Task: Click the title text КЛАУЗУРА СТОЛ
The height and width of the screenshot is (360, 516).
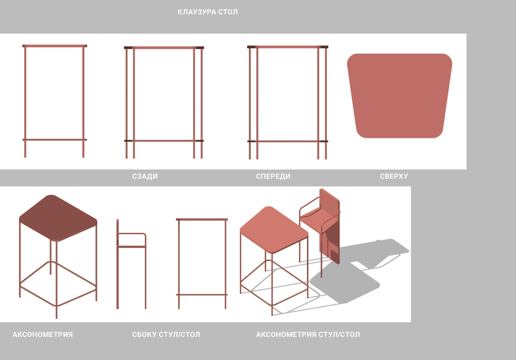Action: click(207, 12)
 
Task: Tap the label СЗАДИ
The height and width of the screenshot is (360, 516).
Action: click(145, 176)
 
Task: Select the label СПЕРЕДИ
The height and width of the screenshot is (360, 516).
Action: click(273, 176)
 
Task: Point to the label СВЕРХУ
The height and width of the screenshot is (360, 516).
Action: click(394, 176)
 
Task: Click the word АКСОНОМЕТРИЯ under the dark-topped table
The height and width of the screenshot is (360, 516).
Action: click(42, 335)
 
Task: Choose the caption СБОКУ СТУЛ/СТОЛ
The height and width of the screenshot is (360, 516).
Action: click(166, 335)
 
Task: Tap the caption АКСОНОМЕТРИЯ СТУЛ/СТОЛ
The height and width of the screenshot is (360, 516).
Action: click(307, 335)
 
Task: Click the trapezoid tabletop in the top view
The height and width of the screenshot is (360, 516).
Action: click(399, 96)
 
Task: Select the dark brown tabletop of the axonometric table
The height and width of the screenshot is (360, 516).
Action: click(58, 218)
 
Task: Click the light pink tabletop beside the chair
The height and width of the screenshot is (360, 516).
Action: click(274, 230)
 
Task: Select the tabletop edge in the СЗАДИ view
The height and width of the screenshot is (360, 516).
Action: click(164, 48)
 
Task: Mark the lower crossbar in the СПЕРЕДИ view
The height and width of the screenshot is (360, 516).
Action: click(288, 141)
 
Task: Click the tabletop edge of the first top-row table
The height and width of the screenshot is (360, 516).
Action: click(55, 46)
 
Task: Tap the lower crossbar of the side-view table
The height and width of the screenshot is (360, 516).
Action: click(202, 295)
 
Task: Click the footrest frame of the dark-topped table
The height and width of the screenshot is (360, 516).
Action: click(58, 283)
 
